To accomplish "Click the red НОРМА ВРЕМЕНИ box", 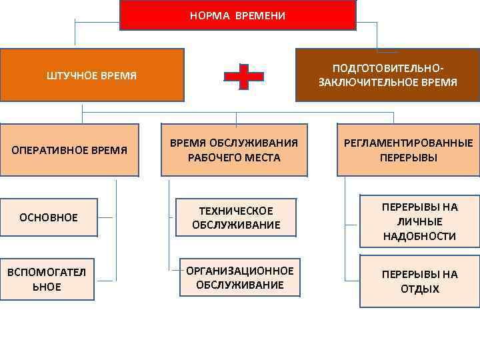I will point(237,15).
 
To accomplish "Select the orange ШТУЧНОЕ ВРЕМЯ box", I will point(92,75).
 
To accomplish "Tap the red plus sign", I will point(243,77).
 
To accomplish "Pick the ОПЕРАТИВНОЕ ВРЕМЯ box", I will point(69,150).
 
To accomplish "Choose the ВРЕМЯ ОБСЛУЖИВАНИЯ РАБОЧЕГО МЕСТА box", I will point(234,150).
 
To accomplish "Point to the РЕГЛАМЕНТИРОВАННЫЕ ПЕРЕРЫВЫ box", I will point(408,150).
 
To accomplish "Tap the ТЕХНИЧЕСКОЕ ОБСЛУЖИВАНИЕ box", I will point(236,217).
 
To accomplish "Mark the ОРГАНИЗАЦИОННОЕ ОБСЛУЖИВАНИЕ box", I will point(240,277).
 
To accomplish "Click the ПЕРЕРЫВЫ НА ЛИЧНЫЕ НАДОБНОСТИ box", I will point(419,221).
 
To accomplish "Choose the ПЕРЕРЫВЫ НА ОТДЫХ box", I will point(419,281).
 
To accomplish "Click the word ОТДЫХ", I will point(420,289).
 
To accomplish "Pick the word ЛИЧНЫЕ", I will point(419,221).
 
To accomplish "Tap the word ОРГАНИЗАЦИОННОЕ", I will point(240,271).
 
